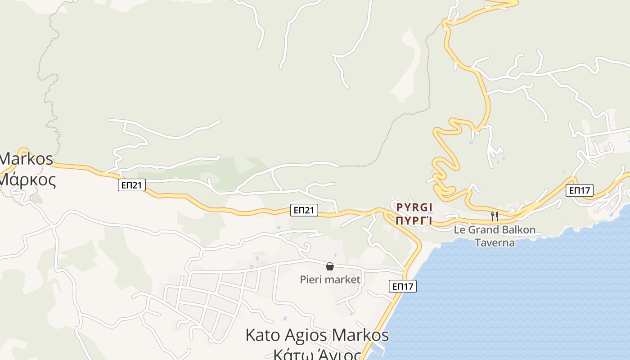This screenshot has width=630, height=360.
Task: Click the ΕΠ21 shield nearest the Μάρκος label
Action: coord(132,185)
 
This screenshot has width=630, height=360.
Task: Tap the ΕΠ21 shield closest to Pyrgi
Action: coord(304,210)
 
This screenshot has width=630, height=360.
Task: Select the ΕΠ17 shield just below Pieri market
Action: coord(402,286)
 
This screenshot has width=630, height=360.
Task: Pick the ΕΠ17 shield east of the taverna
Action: coord(579,190)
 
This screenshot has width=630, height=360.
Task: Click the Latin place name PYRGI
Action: coord(414,207)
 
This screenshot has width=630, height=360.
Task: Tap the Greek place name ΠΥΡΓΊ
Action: coord(414,220)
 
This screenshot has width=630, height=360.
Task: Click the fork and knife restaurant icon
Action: coord(495,216)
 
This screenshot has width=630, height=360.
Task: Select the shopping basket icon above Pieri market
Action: coord(330,266)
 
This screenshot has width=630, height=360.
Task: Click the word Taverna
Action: coord(495,243)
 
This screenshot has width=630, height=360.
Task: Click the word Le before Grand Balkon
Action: coord(459,230)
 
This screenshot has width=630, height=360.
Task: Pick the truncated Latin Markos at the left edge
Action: coord(26,159)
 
